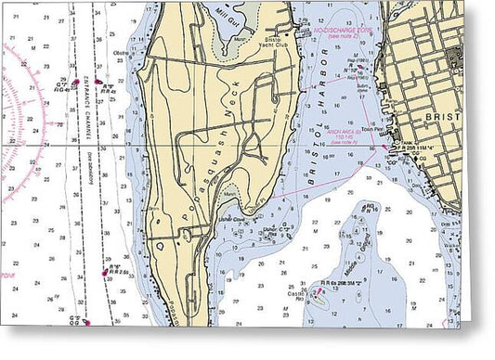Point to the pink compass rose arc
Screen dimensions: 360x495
[28, 130]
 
